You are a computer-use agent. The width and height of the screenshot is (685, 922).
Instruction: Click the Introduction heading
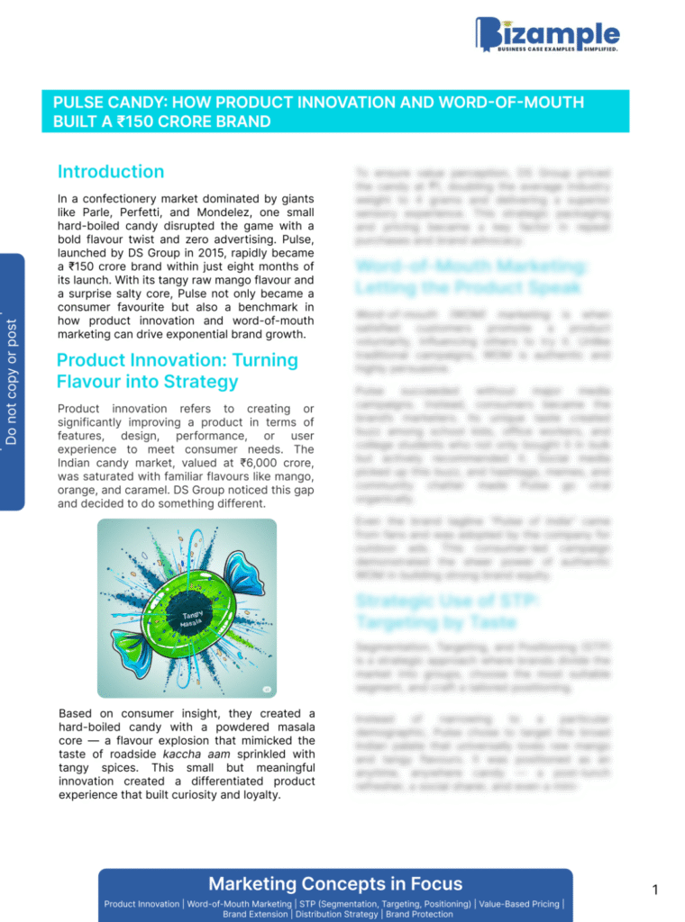click(x=110, y=171)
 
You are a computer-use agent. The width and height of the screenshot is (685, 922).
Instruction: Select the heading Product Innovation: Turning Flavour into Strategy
click(x=177, y=370)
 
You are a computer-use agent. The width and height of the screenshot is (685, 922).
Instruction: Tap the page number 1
click(x=655, y=890)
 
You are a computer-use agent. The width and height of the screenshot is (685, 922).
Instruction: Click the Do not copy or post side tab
click(x=12, y=381)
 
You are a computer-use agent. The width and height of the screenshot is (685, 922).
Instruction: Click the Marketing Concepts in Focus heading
click(x=335, y=883)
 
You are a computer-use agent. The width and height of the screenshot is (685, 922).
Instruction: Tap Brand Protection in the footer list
click(x=420, y=914)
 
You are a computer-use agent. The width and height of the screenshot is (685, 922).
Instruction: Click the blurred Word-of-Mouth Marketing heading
click(x=471, y=276)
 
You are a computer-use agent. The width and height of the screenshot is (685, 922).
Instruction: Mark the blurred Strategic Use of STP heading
click(x=448, y=611)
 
